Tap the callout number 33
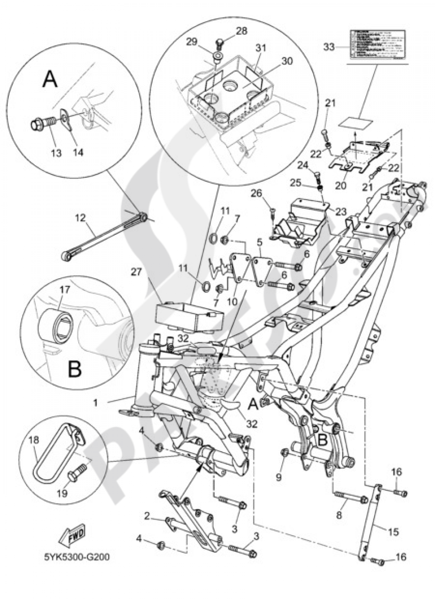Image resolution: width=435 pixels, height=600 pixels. pos(330,47)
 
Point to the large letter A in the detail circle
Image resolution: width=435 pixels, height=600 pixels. pos(50,80)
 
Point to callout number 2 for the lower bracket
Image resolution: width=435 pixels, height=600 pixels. pos(148,516)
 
